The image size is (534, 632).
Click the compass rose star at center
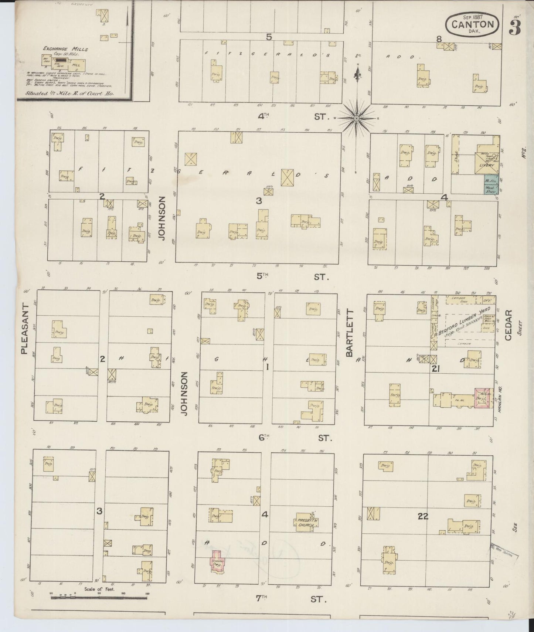click(x=356, y=118)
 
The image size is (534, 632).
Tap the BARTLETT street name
click(x=350, y=333)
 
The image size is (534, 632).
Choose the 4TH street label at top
click(x=263, y=116)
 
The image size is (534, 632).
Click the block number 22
click(x=423, y=517)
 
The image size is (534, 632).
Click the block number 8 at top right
click(x=439, y=38)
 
